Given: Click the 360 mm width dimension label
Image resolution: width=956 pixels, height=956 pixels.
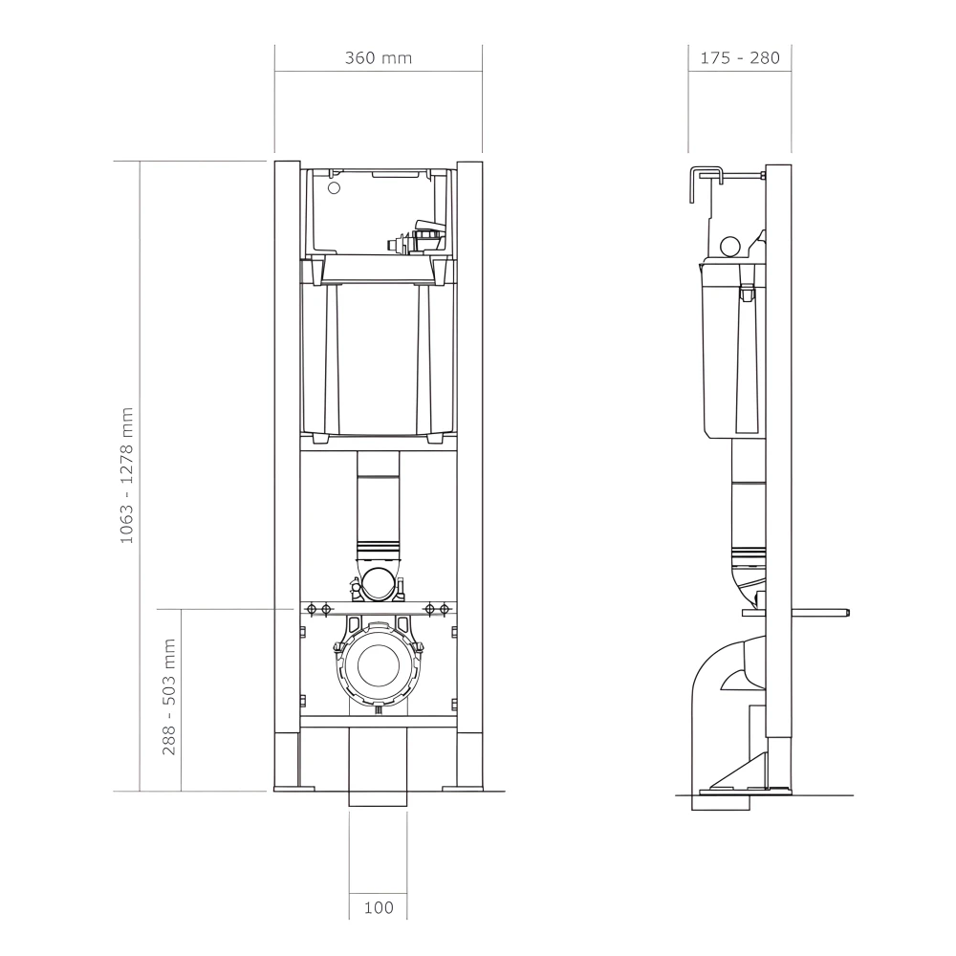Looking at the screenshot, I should click(x=378, y=58).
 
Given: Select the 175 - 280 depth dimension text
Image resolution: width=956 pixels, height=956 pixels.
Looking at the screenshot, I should click(x=739, y=58).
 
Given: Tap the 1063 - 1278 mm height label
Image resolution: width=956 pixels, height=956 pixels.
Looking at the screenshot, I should click(x=126, y=475).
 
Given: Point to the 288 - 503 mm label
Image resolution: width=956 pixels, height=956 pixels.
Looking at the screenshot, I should click(x=169, y=697).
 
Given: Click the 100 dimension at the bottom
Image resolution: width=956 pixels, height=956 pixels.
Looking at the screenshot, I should click(x=379, y=907).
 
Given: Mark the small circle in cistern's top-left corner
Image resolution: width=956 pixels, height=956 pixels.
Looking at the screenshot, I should click(x=334, y=187).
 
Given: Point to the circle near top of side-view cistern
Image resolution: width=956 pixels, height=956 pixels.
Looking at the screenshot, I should click(x=730, y=247).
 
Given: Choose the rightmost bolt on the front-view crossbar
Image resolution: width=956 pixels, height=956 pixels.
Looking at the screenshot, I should click(x=445, y=609).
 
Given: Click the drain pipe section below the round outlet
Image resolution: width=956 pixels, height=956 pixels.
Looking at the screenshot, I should click(x=378, y=765).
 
